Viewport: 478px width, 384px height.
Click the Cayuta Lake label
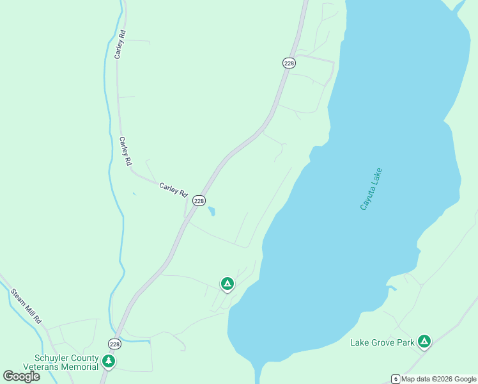[x=371, y=189]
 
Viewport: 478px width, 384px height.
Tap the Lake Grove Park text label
[x=383, y=342]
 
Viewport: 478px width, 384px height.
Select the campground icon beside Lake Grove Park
[x=424, y=341]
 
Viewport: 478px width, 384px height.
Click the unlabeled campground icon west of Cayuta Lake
[x=227, y=283]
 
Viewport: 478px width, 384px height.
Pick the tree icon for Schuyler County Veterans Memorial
[x=109, y=362]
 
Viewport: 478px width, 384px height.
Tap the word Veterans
[x=42, y=367]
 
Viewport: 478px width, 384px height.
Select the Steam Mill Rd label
[x=26, y=305]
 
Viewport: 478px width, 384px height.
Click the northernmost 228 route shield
[x=289, y=62]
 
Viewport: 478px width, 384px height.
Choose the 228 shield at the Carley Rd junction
[x=199, y=200]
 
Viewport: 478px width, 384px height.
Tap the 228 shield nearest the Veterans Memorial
[x=114, y=344]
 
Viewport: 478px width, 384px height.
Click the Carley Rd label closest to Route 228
[x=173, y=189]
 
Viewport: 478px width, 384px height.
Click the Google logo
[x=21, y=376]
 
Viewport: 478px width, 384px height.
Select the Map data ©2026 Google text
[x=439, y=379]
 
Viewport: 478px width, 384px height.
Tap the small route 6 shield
[x=396, y=379]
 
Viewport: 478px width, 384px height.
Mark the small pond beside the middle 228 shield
[x=212, y=211]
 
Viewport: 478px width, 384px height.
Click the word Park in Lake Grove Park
[x=405, y=342]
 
